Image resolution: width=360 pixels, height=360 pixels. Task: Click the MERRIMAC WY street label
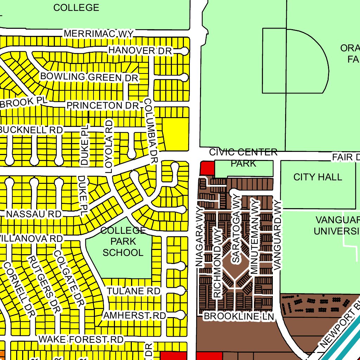tap(99, 34)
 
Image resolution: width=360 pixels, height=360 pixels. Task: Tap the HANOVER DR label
tap(140, 51)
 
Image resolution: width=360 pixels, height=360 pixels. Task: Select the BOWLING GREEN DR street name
tap(89, 77)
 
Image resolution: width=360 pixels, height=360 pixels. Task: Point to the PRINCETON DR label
tap(103, 105)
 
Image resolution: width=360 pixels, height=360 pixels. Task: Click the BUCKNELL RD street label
tap(31, 130)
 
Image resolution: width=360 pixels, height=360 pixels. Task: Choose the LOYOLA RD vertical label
tap(109, 146)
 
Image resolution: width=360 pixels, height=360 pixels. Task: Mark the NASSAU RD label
tap(34, 214)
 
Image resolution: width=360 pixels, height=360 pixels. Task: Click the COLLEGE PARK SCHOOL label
tap(123, 242)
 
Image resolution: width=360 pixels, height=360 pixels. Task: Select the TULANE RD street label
tap(134, 291)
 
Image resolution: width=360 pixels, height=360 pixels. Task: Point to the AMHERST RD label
tap(134, 316)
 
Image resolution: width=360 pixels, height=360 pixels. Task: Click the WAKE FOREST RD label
tap(81, 340)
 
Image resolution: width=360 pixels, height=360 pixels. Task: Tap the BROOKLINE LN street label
tap(239, 316)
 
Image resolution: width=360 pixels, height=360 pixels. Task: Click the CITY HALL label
tap(318, 177)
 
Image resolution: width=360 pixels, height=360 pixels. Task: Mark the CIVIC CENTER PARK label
tap(243, 158)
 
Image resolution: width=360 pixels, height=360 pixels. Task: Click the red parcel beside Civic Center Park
tap(207, 168)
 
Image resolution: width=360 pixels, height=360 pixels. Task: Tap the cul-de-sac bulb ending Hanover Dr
tap(185, 51)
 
